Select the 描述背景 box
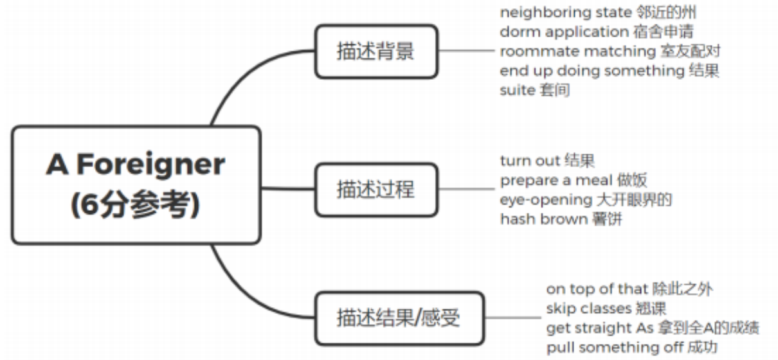375,52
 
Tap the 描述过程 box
375,190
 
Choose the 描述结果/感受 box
399,317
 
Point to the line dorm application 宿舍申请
596,32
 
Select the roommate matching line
614,51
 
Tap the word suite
517,90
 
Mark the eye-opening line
585,199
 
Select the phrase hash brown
543,219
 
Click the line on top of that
629,289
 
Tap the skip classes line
606,309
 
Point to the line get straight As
652,328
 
